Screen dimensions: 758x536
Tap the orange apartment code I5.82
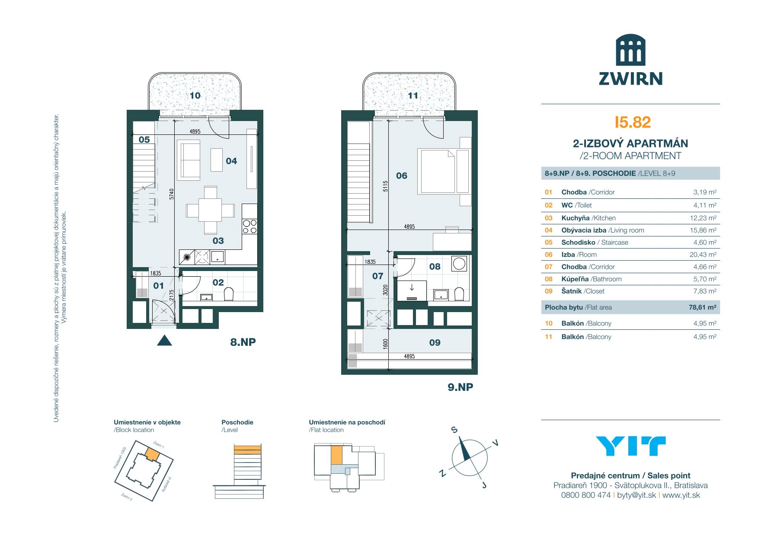[x=633, y=122]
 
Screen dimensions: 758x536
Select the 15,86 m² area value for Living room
[x=703, y=230]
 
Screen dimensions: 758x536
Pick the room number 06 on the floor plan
[x=402, y=175]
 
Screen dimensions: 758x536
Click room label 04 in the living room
[x=231, y=161]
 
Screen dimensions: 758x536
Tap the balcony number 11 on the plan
[x=413, y=96]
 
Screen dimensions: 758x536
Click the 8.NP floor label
[x=243, y=342]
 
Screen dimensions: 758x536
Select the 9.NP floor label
[x=460, y=387]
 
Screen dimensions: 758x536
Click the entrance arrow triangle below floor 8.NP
[x=164, y=341]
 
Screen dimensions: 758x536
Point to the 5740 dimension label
[x=172, y=194]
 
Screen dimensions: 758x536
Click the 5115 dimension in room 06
[x=386, y=186]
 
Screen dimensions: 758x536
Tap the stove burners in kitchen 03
[x=249, y=227]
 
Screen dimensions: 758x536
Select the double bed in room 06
[x=437, y=171]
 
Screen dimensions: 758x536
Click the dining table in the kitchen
[x=210, y=211]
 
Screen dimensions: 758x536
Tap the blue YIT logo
[x=630, y=446]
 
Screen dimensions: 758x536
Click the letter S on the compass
[x=454, y=430]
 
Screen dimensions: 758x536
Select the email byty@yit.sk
[x=636, y=495]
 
